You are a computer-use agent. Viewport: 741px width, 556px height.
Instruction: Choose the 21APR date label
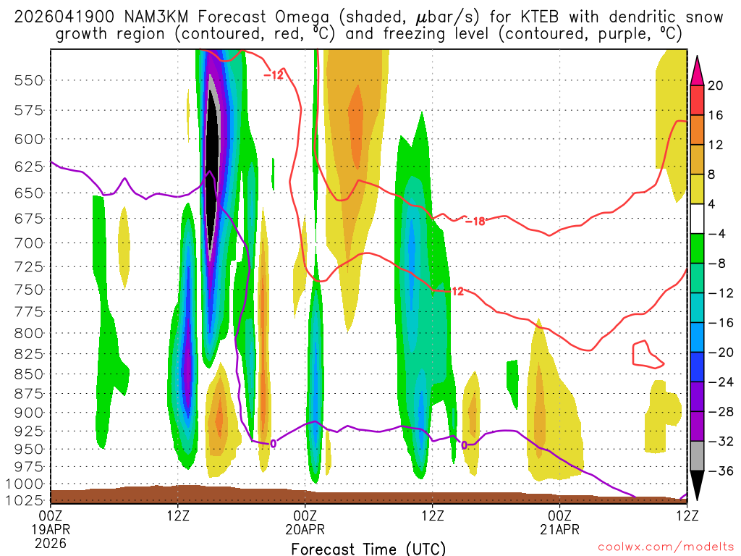tap(560, 529)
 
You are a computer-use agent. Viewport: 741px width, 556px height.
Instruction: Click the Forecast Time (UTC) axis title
tap(368, 548)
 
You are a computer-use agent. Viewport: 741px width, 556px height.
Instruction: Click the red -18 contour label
tap(475, 221)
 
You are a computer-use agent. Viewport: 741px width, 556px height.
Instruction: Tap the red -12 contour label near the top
tap(273, 75)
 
